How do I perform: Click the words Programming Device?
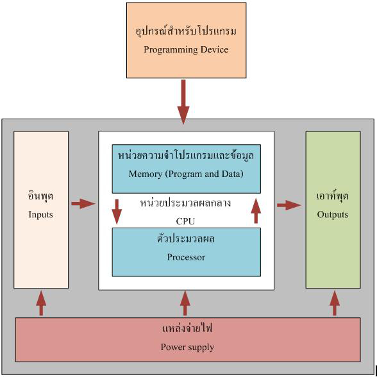186,50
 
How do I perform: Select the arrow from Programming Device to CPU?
183,102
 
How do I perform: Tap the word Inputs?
40,214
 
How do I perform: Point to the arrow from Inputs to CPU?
83,204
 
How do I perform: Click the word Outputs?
333,214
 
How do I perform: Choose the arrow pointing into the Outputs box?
289,205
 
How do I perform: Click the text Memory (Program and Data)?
186,174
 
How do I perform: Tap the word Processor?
186,257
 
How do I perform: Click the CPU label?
185,221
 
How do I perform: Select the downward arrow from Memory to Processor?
117,212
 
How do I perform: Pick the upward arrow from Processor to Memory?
256,211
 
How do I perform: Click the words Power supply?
187,348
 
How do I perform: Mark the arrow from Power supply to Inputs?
41,303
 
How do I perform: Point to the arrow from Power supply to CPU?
185,303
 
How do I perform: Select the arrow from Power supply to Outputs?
335,303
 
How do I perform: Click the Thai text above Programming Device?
186,32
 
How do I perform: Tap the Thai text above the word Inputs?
40,196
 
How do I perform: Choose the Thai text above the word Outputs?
333,196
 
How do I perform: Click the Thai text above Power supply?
187,328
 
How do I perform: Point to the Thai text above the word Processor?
186,239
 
